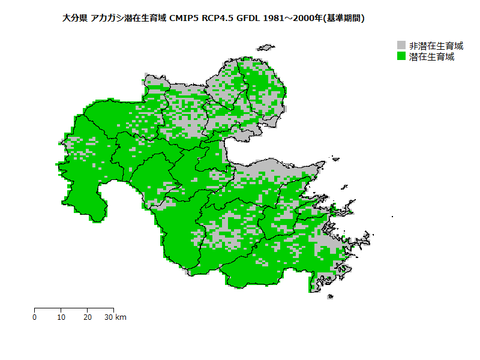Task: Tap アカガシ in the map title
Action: click(106, 19)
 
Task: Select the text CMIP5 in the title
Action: click(184, 19)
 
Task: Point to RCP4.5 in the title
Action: click(217, 19)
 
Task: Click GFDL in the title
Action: click(248, 19)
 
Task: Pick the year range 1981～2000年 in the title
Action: click(292, 19)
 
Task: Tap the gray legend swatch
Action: click(401, 46)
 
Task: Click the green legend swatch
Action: click(401, 56)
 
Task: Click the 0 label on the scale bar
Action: click(35, 317)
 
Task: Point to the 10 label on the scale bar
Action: click(61, 317)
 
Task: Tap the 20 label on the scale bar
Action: click(88, 317)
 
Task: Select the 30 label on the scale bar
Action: click(109, 317)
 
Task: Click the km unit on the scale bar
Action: click(121, 317)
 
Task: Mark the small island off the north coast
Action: click(265, 47)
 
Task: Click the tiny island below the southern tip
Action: click(329, 296)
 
